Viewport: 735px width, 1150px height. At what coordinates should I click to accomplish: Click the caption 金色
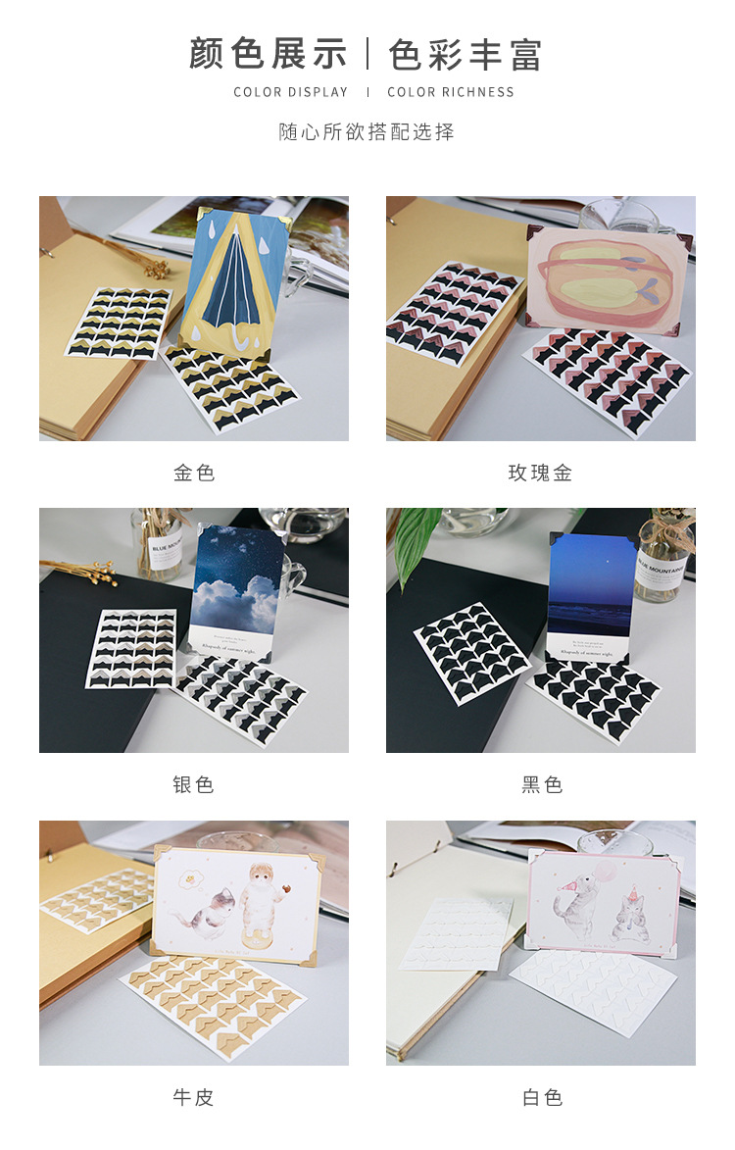pos(194,473)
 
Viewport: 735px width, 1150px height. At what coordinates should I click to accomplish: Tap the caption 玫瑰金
pos(540,473)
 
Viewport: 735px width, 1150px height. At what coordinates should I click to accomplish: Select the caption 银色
pos(194,784)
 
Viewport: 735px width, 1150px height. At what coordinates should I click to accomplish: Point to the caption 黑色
pos(541,784)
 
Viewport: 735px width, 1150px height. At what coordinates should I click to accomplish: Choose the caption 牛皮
pos(194,1097)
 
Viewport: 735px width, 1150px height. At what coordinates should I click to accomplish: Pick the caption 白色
pos(541,1097)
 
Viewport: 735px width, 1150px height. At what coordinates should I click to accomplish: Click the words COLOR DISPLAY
pos(291,92)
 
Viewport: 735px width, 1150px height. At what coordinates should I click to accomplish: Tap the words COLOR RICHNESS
pos(451,92)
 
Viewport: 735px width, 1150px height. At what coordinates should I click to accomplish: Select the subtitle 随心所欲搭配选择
pos(367,131)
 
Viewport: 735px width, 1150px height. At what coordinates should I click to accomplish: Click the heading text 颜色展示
pos(269,54)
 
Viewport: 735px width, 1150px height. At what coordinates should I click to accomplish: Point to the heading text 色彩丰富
pos(465,54)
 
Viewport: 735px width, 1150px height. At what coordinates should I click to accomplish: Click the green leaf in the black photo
pos(416,544)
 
